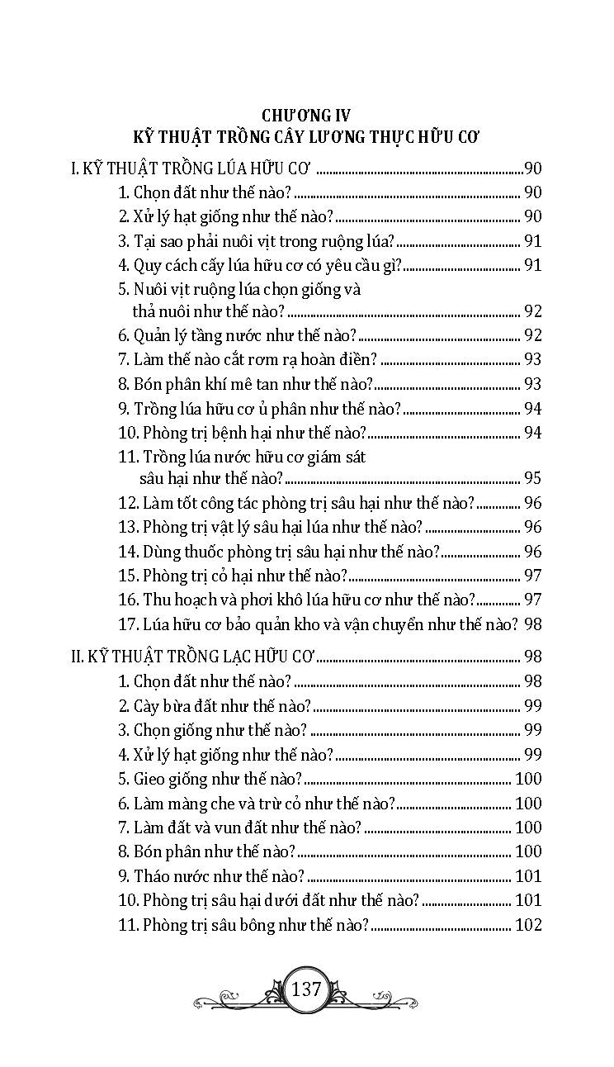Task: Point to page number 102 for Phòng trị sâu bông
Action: (527, 925)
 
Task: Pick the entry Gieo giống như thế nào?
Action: (210, 779)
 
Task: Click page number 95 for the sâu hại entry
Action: (532, 478)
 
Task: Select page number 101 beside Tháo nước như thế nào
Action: (527, 876)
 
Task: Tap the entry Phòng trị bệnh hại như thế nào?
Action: (243, 433)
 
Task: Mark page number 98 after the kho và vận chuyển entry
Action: (532, 624)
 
